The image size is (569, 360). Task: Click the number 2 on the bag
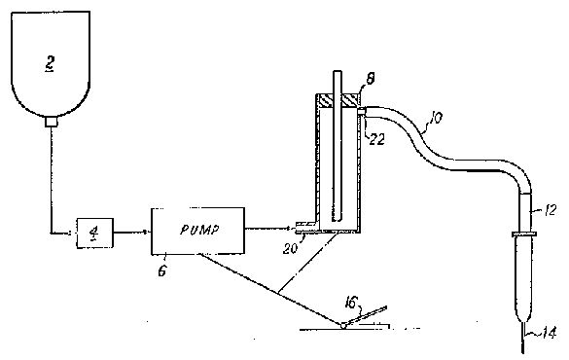(50, 64)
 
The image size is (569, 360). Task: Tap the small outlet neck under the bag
(52, 122)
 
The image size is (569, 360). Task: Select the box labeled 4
(94, 233)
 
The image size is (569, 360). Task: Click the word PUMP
(200, 230)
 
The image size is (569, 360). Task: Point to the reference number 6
(162, 270)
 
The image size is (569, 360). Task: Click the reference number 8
(371, 79)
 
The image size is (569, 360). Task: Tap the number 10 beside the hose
(435, 118)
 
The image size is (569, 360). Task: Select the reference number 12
(551, 210)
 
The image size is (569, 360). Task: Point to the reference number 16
(352, 302)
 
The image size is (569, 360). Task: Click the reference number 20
(290, 248)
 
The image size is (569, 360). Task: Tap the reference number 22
(376, 139)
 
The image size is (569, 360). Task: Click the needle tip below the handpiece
(523, 352)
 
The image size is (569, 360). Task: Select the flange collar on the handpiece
(523, 234)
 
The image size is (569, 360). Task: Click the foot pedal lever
(366, 315)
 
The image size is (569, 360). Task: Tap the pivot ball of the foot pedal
(342, 326)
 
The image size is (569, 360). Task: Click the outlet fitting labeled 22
(362, 112)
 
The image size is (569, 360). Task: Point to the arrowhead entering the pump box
(147, 232)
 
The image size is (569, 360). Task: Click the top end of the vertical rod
(338, 71)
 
